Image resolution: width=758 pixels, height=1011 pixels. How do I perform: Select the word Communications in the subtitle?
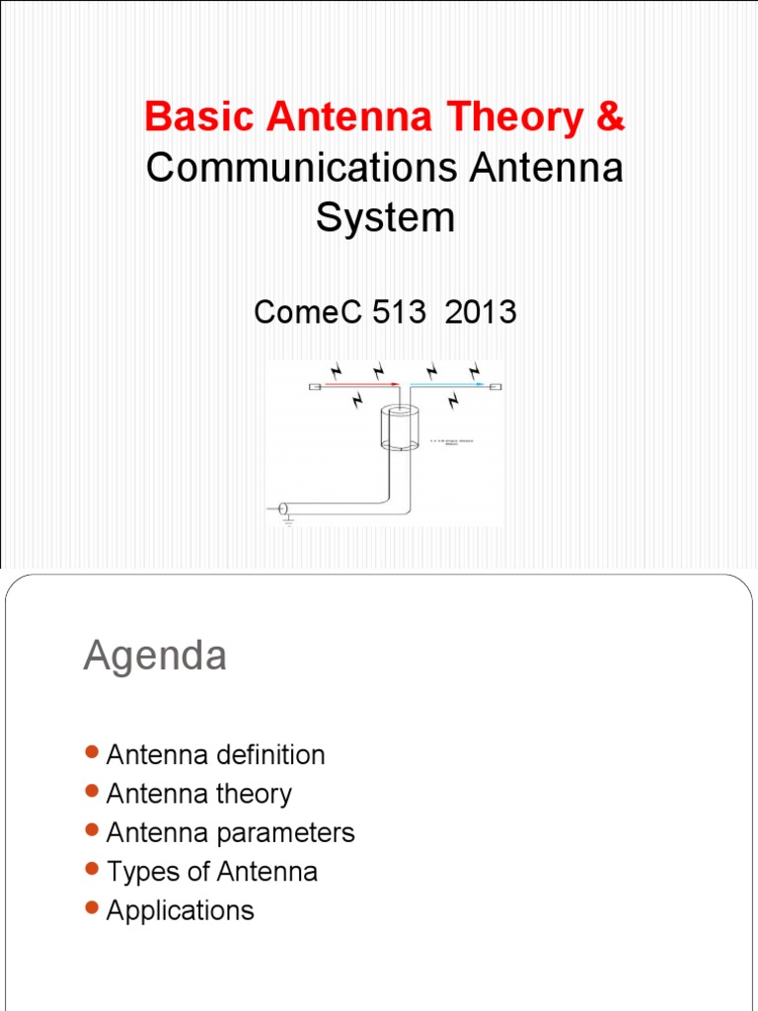300,168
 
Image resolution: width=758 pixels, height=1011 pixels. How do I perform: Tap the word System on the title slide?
385,217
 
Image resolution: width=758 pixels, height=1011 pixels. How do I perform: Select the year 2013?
481,312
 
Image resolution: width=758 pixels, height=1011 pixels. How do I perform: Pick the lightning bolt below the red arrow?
357,400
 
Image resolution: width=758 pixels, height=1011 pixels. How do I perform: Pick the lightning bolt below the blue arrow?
452,401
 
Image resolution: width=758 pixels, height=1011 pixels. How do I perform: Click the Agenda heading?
155,657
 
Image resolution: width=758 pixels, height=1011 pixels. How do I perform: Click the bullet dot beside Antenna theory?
93,791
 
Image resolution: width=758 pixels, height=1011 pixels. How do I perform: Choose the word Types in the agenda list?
138,872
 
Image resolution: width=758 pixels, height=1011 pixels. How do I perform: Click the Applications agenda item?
180,910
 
